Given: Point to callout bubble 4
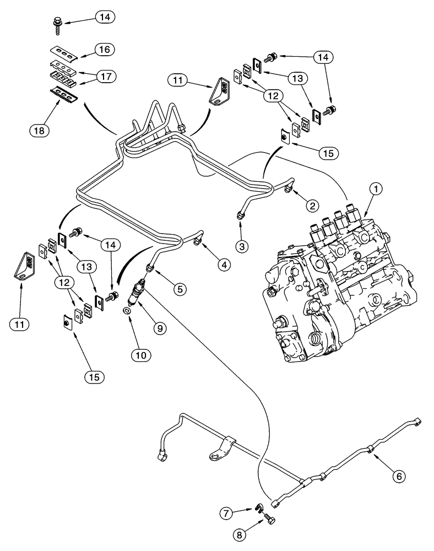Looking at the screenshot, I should [223, 264].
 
